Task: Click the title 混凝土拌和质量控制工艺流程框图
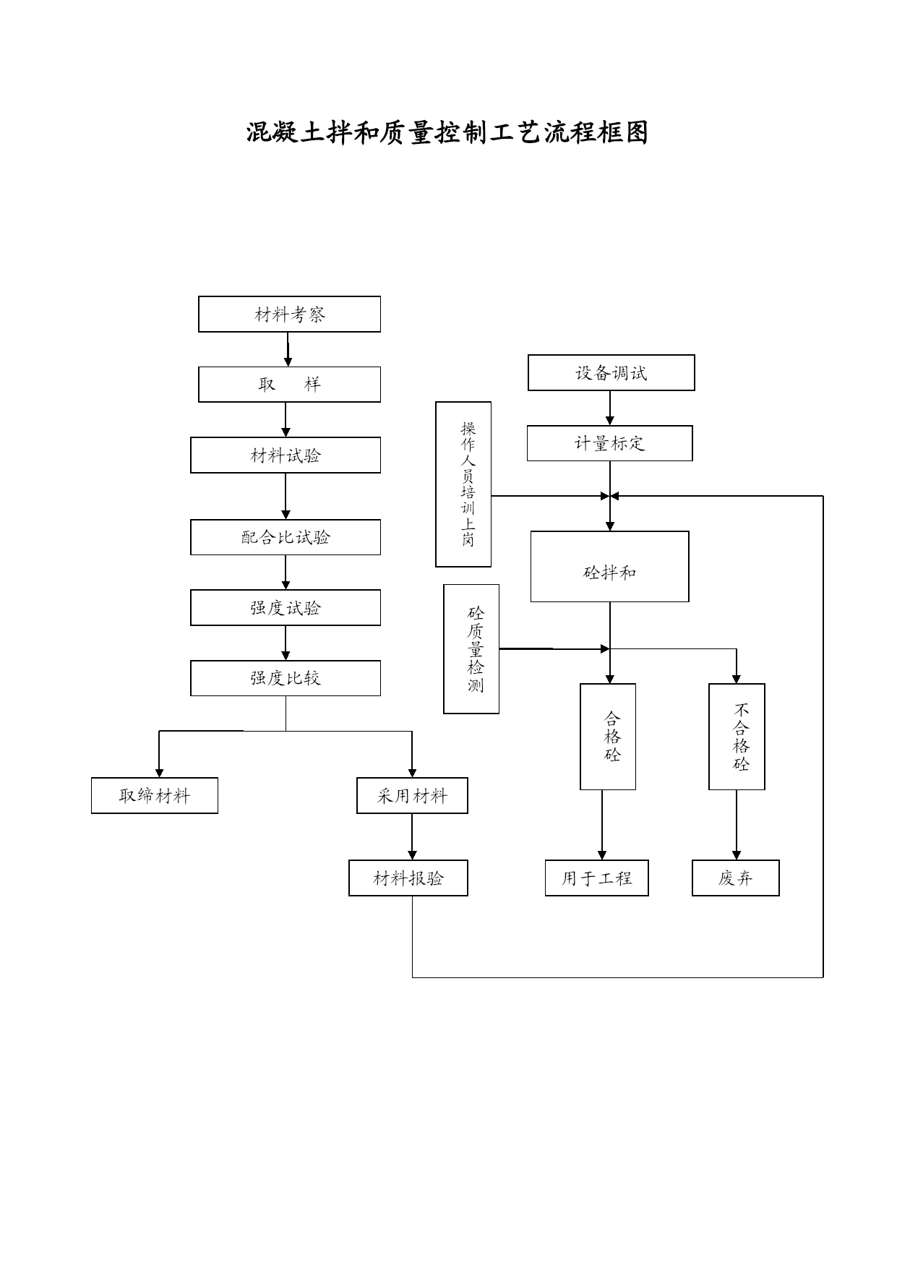click(447, 133)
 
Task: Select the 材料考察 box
click(289, 314)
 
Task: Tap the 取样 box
click(289, 385)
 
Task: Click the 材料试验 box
click(286, 455)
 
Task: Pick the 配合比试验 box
click(286, 537)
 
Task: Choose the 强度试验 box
click(286, 608)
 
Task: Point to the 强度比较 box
click(286, 678)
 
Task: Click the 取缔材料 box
click(155, 796)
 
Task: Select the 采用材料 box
click(412, 796)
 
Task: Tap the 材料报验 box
click(408, 878)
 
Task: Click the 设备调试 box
click(611, 373)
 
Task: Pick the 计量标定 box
click(610, 443)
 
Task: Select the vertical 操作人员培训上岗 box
click(463, 484)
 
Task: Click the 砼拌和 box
click(610, 567)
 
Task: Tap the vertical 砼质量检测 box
click(471, 649)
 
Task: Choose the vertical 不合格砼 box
click(737, 737)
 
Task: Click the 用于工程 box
click(597, 878)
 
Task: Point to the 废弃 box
click(736, 878)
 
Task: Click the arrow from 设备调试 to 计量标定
click(610, 408)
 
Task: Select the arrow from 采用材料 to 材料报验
click(412, 837)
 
